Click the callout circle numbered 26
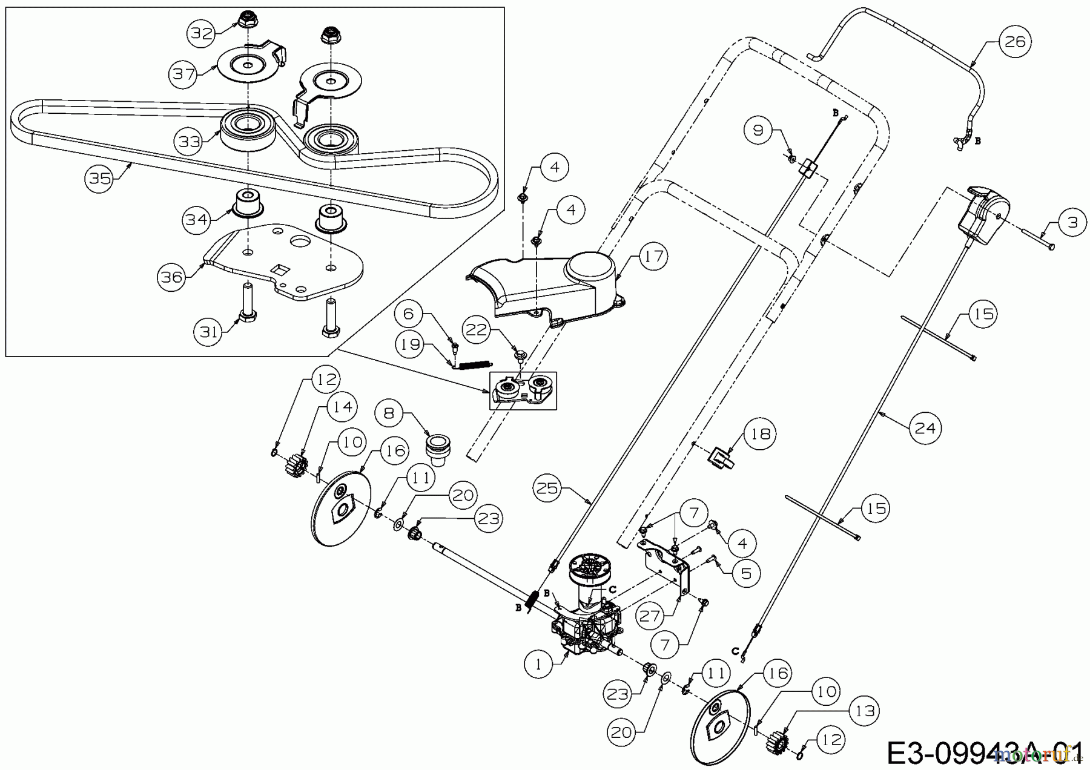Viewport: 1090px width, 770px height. coord(1014,42)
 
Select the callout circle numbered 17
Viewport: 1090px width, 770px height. coord(652,256)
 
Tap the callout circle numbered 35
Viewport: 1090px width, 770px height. coord(100,179)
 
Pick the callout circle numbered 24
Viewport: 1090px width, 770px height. coord(925,428)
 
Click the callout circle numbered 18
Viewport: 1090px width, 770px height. coord(759,433)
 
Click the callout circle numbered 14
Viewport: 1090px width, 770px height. coord(342,407)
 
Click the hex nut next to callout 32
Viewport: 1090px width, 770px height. coord(246,19)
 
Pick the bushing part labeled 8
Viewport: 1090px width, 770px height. coord(434,450)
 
